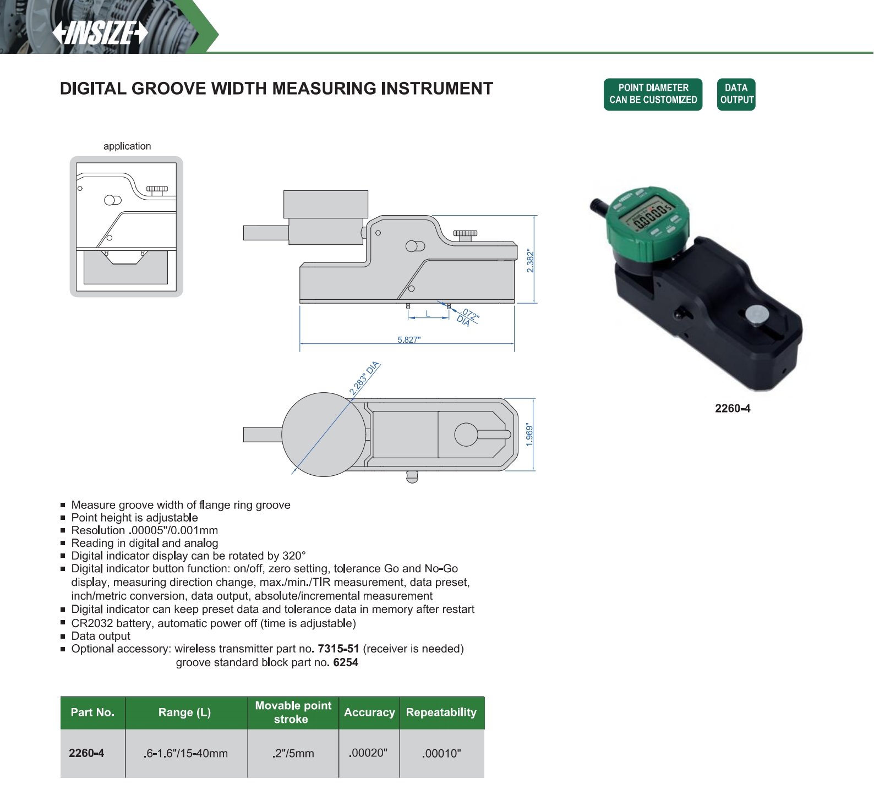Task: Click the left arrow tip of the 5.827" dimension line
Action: [x=300, y=344]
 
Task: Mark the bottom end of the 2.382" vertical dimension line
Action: [x=534, y=303]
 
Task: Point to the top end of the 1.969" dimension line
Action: [x=533, y=398]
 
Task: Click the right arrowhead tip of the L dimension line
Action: [x=449, y=317]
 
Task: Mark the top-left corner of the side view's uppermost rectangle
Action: [x=284, y=191]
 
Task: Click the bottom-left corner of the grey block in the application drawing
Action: [x=84, y=284]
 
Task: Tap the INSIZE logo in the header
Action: [x=100, y=33]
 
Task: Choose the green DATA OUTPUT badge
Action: [x=736, y=94]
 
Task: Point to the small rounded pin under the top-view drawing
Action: [x=412, y=476]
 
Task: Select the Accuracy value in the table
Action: [x=368, y=753]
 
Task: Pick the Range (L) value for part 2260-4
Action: [x=185, y=753]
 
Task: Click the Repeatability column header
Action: [x=441, y=712]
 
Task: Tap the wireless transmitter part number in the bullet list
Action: [x=338, y=649]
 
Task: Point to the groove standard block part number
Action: [x=346, y=662]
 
